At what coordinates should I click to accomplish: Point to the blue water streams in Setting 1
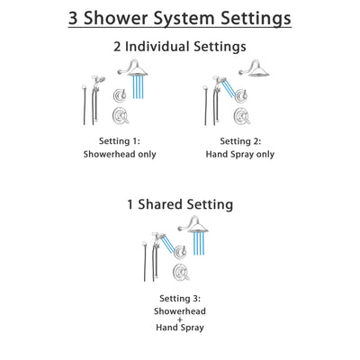[139, 86]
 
